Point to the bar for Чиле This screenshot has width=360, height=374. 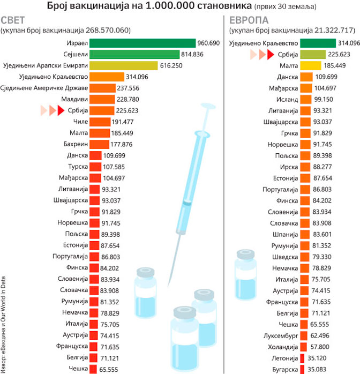[97, 122]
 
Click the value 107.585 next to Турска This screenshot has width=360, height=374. [116, 166]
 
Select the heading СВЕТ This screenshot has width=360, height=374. [16, 20]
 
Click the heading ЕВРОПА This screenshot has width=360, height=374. [249, 20]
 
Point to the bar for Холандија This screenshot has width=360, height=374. [306, 346]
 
